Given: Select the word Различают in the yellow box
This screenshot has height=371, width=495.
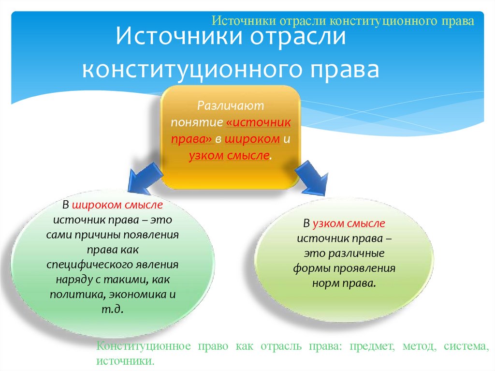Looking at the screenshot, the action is coord(230,105).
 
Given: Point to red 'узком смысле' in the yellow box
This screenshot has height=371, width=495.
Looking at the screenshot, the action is coord(229,156).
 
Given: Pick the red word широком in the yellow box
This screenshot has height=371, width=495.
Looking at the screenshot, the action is coord(252,139).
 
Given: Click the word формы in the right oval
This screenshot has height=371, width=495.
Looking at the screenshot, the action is coord(307,268).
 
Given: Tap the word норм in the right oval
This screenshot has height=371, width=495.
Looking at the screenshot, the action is coord(323,283).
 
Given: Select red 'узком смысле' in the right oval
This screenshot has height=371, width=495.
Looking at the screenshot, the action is coord(349,223).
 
